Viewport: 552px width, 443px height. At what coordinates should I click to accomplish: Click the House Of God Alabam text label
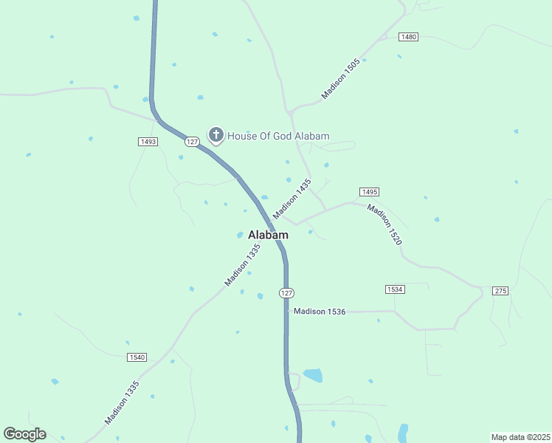click(278, 136)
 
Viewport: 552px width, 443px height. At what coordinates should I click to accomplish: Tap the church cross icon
click(216, 134)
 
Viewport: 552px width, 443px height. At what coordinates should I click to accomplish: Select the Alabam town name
click(268, 235)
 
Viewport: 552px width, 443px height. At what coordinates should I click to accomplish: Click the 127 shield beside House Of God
click(192, 141)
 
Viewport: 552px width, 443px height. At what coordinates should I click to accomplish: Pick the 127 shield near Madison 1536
click(287, 293)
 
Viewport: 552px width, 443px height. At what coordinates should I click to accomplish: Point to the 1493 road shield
click(148, 142)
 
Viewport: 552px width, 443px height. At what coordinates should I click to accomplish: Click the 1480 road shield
click(408, 37)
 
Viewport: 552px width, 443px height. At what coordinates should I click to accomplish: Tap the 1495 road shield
click(370, 192)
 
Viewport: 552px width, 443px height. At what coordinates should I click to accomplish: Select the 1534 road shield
click(395, 289)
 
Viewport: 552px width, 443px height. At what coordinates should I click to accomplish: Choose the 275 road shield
click(501, 291)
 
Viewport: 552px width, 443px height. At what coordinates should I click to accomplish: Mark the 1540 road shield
click(137, 357)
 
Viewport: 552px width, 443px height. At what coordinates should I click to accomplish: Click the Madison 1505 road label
click(340, 80)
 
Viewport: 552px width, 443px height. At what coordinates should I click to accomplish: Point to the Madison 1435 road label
click(292, 198)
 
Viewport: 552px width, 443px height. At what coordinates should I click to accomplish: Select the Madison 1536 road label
click(320, 312)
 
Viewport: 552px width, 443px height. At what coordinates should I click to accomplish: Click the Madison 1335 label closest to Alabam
click(243, 266)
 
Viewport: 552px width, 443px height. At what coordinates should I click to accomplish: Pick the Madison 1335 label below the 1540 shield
click(122, 402)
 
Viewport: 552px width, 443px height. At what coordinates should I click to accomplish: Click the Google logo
click(24, 434)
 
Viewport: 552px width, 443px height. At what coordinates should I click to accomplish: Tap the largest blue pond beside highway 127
click(312, 375)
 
